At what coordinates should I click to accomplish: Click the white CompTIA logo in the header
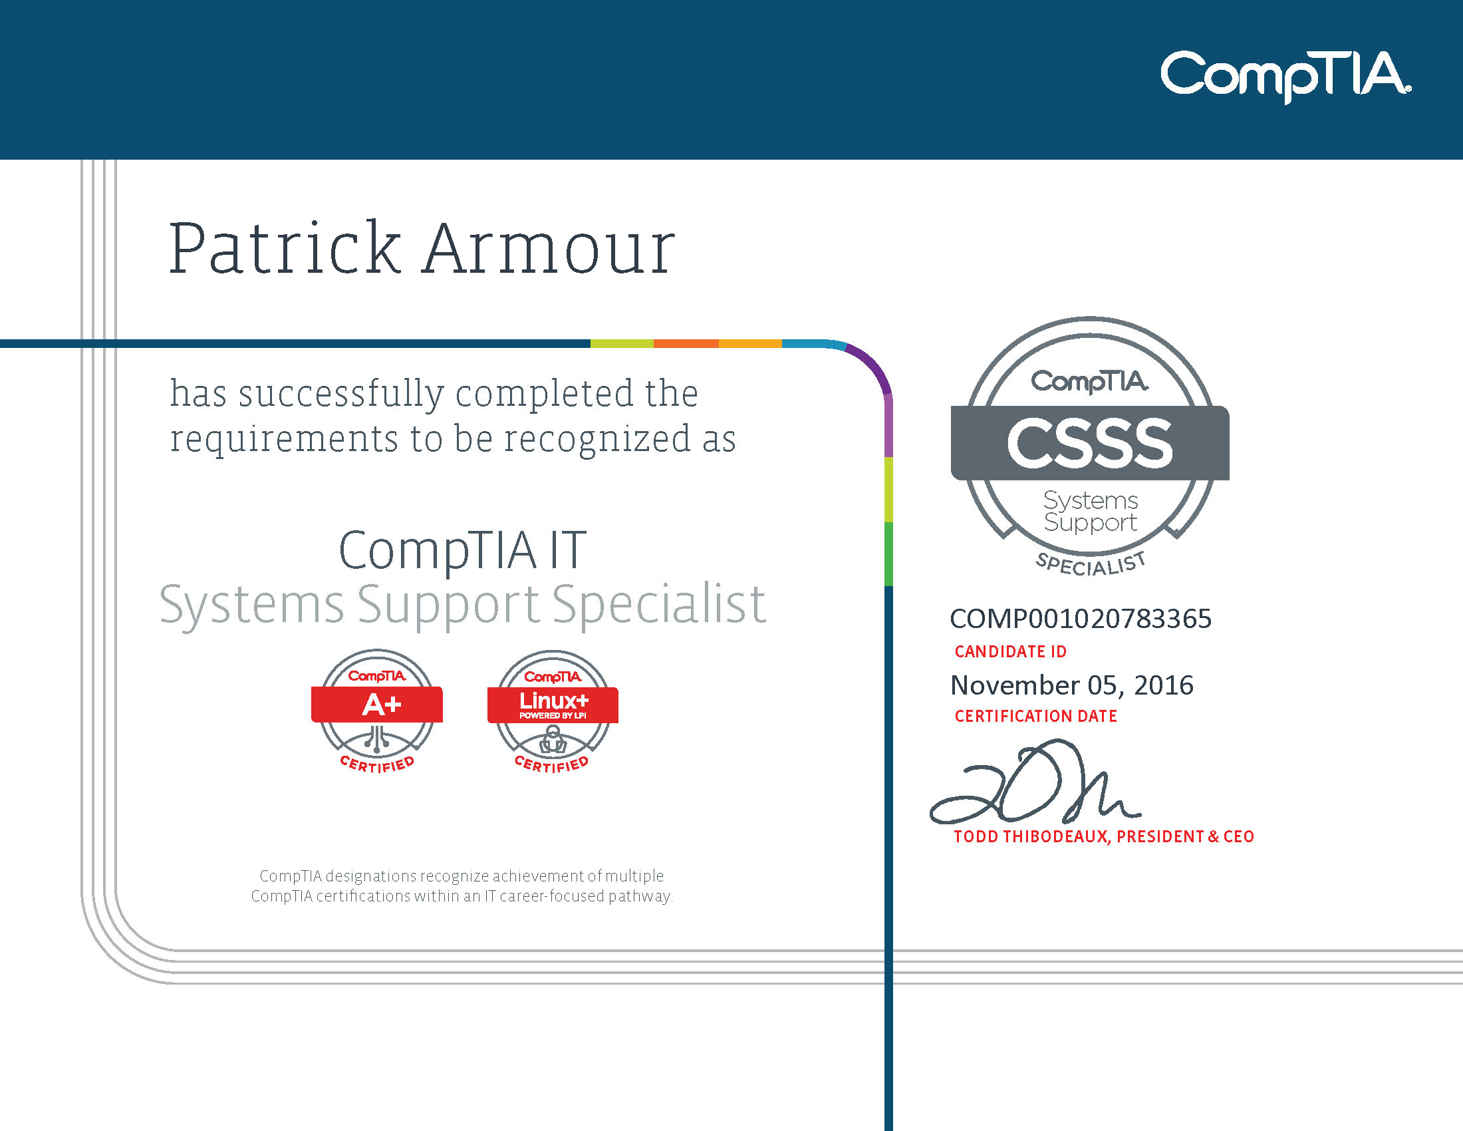pyautogui.click(x=1285, y=76)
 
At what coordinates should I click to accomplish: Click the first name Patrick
pyautogui.click(x=284, y=249)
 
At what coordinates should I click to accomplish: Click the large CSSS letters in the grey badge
pyautogui.click(x=1089, y=444)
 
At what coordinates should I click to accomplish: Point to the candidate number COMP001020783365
pyautogui.click(x=1081, y=619)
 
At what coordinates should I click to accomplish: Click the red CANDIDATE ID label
pyautogui.click(x=1010, y=651)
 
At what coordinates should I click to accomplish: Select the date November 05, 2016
pyautogui.click(x=1071, y=685)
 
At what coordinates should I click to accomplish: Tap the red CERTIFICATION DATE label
pyautogui.click(x=1035, y=717)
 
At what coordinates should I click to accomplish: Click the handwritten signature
pyautogui.click(x=1035, y=784)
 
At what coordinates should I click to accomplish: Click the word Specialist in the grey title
pyautogui.click(x=658, y=604)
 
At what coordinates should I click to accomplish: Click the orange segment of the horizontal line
pyautogui.click(x=686, y=344)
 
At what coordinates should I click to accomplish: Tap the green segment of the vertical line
pyautogui.click(x=888, y=554)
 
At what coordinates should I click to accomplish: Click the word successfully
pyautogui.click(x=341, y=394)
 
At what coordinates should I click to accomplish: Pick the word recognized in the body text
pyautogui.click(x=597, y=440)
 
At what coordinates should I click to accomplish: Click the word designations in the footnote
pyautogui.click(x=370, y=876)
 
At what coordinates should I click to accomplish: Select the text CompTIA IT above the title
pyautogui.click(x=462, y=551)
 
